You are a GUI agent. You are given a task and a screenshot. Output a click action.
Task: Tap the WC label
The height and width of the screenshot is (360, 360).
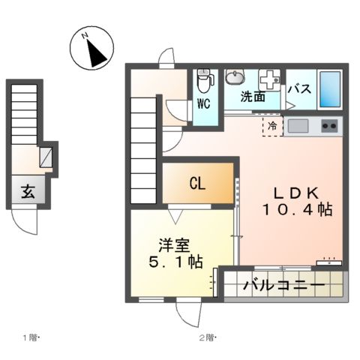pyautogui.click(x=204, y=104)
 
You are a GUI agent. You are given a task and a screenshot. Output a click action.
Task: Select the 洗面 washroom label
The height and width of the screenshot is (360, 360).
pyautogui.click(x=253, y=96)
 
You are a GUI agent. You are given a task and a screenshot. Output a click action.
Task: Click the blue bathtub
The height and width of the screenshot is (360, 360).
pyautogui.click(x=329, y=88)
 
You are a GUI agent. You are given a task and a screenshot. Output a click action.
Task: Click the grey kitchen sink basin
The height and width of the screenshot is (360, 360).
pyautogui.click(x=298, y=125)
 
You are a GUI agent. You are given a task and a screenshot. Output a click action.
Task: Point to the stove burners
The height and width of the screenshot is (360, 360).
pyautogui.click(x=329, y=125)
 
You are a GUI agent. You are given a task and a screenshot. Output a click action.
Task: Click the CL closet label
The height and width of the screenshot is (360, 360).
pyautogui.click(x=198, y=183)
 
